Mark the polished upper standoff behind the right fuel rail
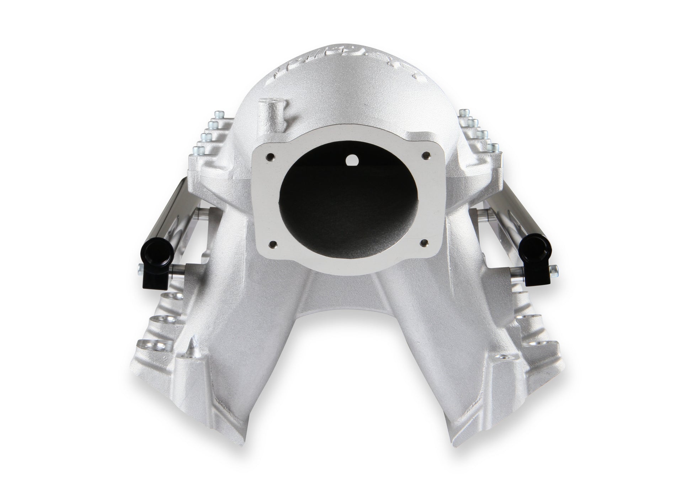tap(480, 213)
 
